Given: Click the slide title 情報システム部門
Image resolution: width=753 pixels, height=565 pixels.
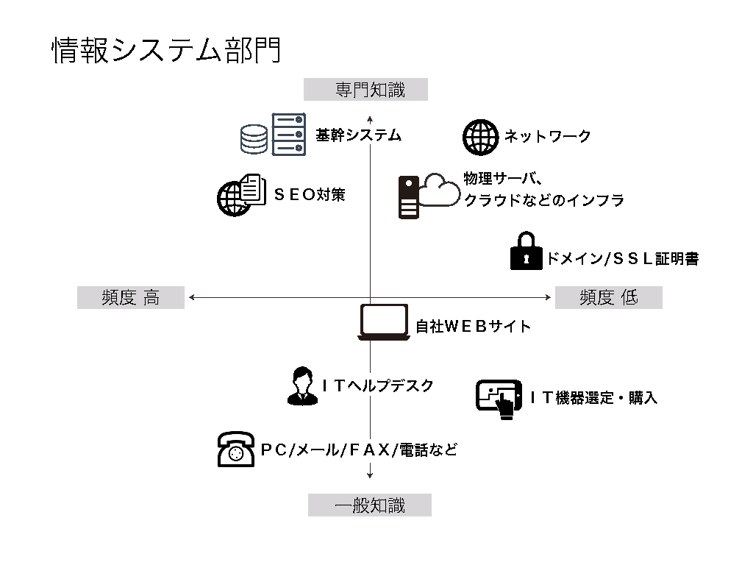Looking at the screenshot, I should pyautogui.click(x=166, y=51).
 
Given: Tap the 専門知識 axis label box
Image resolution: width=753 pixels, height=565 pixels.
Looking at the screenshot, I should pyautogui.click(x=365, y=89).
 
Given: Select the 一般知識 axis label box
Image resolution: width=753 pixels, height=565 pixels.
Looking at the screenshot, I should pyautogui.click(x=369, y=505).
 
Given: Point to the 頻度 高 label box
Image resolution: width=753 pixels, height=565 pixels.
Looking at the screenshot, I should pyautogui.click(x=130, y=297).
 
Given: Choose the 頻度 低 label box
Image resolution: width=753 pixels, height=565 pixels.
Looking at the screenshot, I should pyautogui.click(x=608, y=297).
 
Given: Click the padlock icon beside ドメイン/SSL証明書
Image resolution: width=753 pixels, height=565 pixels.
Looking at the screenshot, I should pyautogui.click(x=525, y=252).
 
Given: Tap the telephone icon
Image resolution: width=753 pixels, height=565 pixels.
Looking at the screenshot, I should pyautogui.click(x=236, y=449).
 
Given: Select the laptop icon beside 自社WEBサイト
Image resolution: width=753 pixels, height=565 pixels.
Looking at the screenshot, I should pyautogui.click(x=382, y=322).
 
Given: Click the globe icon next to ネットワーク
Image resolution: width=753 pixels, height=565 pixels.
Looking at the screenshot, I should pyautogui.click(x=480, y=137).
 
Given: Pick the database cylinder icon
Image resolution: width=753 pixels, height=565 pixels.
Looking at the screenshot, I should pyautogui.click(x=254, y=138).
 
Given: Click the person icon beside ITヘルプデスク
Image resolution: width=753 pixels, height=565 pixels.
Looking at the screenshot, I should pyautogui.click(x=300, y=385).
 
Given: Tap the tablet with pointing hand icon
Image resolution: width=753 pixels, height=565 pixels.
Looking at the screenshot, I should pyautogui.click(x=499, y=399).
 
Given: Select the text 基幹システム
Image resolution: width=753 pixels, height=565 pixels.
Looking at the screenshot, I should pyautogui.click(x=358, y=135).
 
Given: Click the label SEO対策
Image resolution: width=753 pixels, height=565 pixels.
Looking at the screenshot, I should pyautogui.click(x=309, y=195).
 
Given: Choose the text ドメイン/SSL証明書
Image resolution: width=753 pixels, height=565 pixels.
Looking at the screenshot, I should pyautogui.click(x=622, y=258).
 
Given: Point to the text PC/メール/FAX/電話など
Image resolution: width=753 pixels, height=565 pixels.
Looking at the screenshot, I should pyautogui.click(x=359, y=449).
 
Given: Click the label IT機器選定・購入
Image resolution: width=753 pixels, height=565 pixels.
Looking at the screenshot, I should pyautogui.click(x=593, y=398).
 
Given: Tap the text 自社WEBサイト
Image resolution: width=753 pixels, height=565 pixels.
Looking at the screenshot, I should pyautogui.click(x=473, y=326).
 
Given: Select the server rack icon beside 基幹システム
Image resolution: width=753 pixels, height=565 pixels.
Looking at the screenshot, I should pyautogui.click(x=288, y=134).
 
